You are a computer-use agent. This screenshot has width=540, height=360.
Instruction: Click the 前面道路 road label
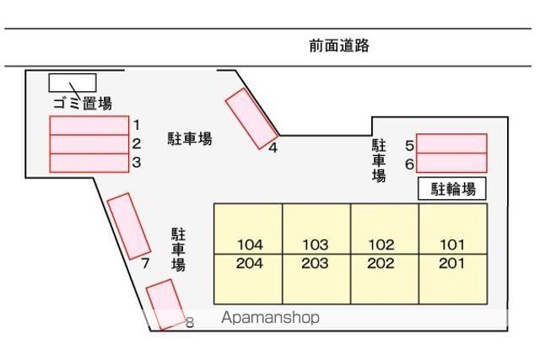[339, 46]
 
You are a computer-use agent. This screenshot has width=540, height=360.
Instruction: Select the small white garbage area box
[72, 83]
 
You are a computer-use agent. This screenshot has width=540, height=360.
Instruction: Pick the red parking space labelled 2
[89, 144]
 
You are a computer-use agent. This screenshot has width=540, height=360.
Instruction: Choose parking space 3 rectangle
[89, 163]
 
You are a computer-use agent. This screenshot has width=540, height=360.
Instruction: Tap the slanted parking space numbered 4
[251, 119]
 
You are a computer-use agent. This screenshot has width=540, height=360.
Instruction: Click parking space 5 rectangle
[451, 143]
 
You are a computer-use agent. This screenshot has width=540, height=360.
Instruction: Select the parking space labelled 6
[451, 163]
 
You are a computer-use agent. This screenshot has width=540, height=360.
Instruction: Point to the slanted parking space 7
[129, 226]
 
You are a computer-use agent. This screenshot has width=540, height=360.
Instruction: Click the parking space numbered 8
[165, 304]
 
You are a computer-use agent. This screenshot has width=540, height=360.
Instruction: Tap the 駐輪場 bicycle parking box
[453, 189]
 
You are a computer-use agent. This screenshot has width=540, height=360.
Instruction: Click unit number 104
[250, 245]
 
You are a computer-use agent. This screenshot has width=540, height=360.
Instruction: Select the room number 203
[315, 263]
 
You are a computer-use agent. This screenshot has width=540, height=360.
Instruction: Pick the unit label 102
[381, 245]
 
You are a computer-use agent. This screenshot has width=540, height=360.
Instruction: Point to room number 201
[452, 263]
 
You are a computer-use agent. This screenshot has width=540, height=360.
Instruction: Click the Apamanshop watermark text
[270, 318]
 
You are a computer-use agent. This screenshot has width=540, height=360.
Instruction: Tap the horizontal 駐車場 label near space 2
[189, 139]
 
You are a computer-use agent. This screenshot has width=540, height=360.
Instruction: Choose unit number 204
[250, 263]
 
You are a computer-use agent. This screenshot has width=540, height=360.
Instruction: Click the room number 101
[452, 245]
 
